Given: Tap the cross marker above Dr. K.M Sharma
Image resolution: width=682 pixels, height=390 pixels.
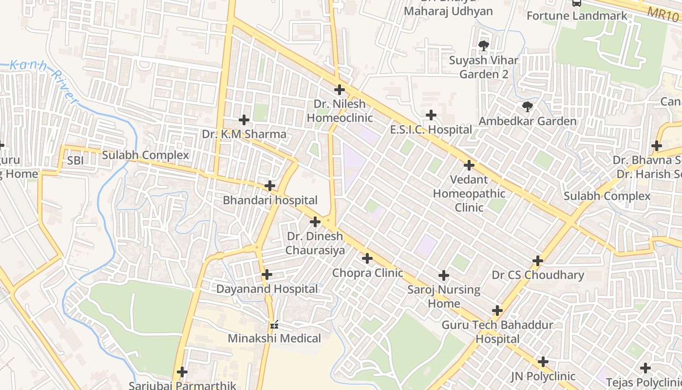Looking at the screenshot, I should tap(244, 119).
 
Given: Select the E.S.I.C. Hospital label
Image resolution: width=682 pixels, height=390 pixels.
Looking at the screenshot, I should tap(431, 130).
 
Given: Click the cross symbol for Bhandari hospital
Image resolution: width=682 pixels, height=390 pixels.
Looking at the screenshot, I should tap(270, 186).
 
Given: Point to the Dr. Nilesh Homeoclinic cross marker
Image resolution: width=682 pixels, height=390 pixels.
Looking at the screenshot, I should tap(340, 90).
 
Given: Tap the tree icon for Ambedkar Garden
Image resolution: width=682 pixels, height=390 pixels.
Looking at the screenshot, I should tap(527, 106).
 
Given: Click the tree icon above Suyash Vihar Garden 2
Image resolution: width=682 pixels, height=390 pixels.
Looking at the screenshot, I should tap(483, 46).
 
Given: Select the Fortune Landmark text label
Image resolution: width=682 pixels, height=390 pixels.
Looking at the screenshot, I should tap(577, 16).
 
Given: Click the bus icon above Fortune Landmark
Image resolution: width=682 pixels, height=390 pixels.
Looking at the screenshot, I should tap(577, 3).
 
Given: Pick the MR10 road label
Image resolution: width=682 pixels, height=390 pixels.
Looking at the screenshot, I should tap(663, 13).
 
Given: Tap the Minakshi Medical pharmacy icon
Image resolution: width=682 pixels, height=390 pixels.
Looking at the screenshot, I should tap(274, 324).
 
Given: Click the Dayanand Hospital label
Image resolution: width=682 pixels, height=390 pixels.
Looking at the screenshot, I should tap(267, 289).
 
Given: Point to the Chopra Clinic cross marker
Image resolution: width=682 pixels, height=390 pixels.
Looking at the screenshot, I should tap(367, 258).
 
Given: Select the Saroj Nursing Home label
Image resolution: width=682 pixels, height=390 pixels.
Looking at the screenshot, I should tap(444, 296).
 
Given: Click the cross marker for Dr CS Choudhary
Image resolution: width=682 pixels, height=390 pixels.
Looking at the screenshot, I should tap(538, 261).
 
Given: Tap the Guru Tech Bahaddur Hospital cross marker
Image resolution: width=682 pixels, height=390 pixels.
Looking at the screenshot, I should tap(497, 311).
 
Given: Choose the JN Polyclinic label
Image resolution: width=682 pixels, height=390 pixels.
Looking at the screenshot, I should tap(543, 376).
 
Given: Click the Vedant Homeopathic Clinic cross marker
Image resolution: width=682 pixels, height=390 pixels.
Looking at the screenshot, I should tap(469, 165).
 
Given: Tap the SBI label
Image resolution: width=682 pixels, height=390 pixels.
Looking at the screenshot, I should tap(76, 160).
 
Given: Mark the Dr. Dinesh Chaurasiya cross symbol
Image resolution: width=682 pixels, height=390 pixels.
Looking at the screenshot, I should tap(315, 222).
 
